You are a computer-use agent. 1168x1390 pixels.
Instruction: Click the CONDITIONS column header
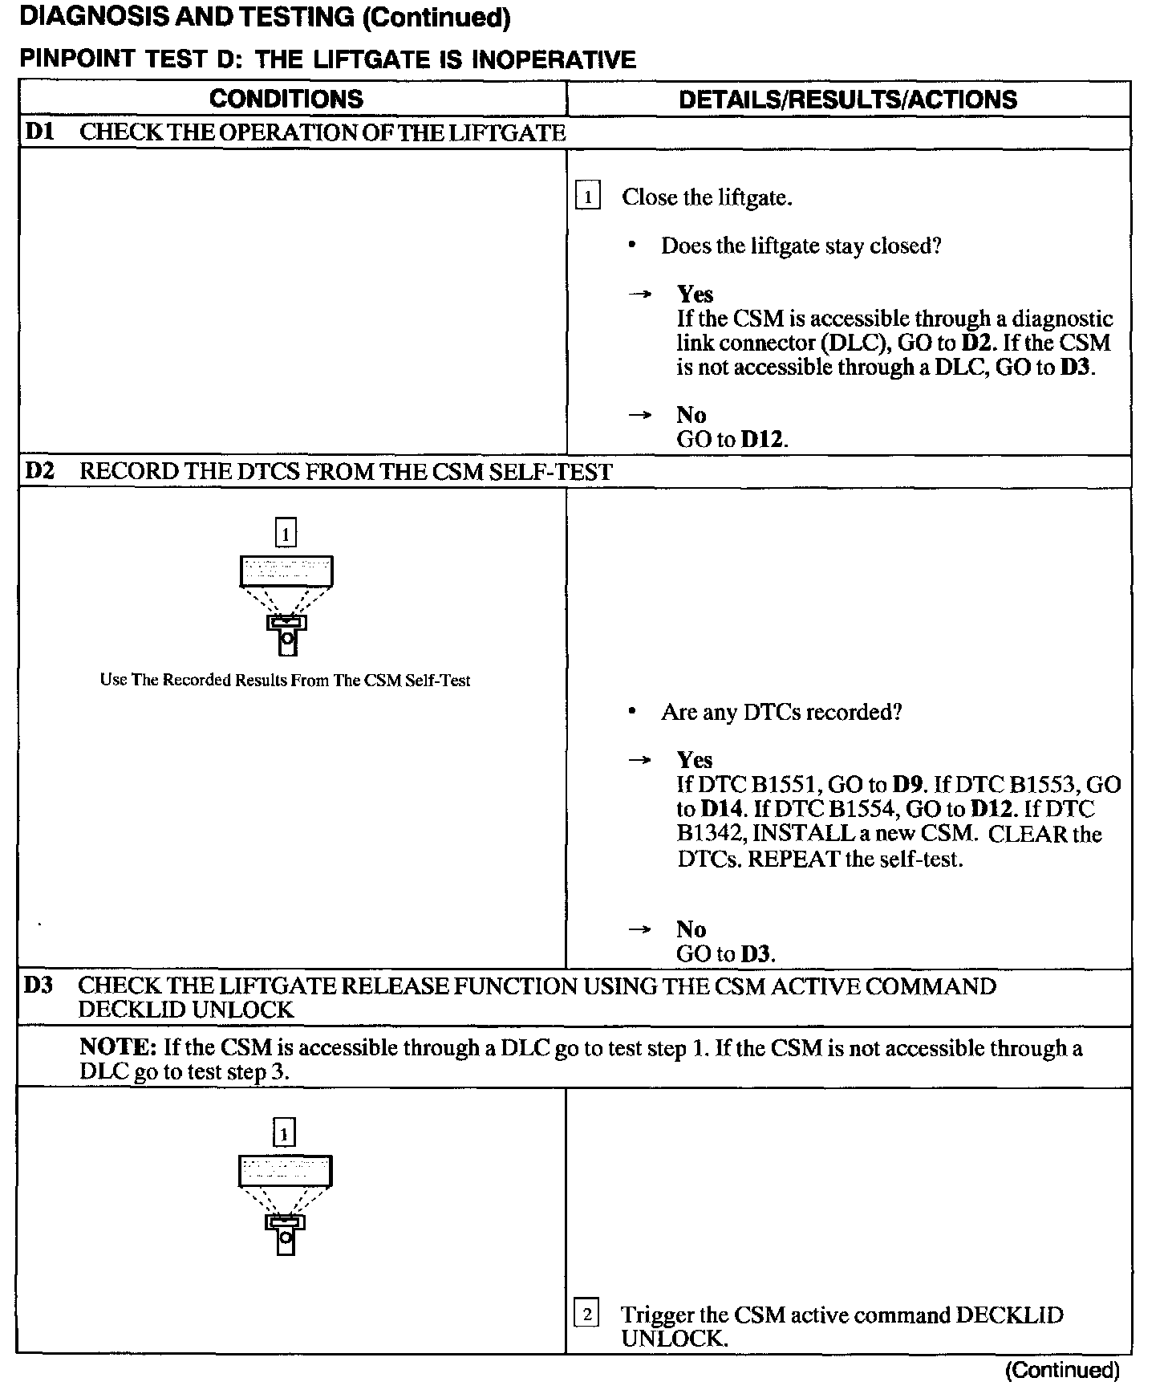tap(286, 99)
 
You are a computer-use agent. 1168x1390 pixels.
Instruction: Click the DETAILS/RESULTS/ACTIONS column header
tap(848, 100)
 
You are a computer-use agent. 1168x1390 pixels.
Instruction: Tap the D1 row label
tap(39, 132)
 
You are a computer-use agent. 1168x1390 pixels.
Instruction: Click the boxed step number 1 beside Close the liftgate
tap(588, 197)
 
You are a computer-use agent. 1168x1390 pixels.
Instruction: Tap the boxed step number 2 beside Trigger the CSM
tap(587, 1314)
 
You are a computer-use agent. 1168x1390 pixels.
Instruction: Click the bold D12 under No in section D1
tap(762, 440)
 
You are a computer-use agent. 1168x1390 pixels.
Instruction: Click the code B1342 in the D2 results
tap(709, 834)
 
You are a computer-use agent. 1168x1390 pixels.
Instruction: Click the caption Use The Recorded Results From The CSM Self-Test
tap(285, 681)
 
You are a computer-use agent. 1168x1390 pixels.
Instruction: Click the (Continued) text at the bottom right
tap(1063, 1370)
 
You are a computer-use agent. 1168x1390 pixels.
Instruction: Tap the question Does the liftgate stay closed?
tap(801, 246)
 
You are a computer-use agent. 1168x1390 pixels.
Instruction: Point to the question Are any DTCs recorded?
tap(781, 712)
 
